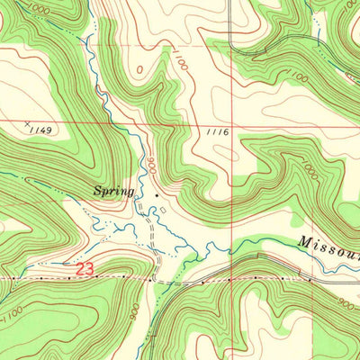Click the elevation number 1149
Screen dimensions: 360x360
click(40, 130)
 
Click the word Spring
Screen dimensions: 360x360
click(115, 191)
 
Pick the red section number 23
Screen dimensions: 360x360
click(84, 268)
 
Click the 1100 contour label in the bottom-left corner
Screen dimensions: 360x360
click(10, 316)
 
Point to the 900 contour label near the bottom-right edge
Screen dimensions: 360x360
click(346, 304)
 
